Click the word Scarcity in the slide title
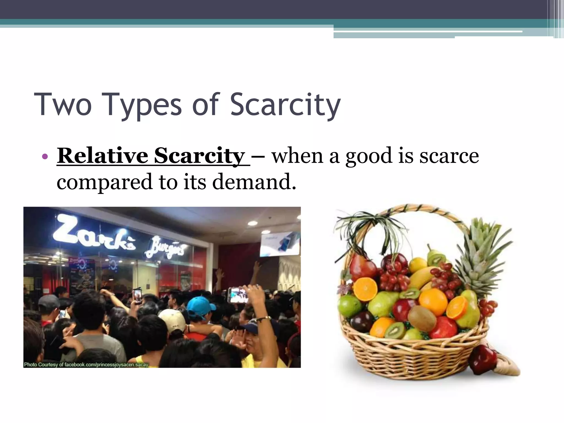pyautogui.click(x=285, y=105)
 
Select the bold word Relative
pyautogui.click(x=102, y=156)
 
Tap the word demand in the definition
pyautogui.click(x=252, y=182)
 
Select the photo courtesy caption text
pyautogui.click(x=86, y=365)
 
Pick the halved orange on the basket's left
pyautogui.click(x=365, y=289)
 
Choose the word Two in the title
pyautogui.click(x=63, y=105)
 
